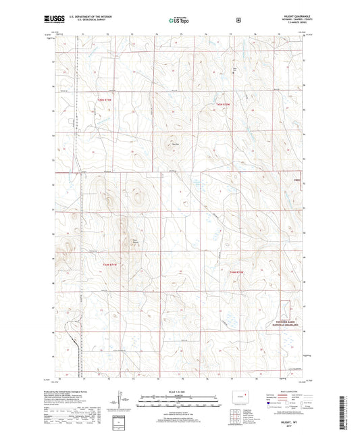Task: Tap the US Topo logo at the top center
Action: (179, 20)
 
